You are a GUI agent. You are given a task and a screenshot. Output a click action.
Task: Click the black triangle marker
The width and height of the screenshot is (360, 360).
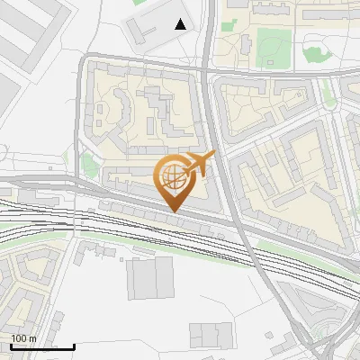(181, 24)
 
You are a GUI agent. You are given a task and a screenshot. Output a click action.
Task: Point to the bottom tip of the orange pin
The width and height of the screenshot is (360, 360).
(173, 211)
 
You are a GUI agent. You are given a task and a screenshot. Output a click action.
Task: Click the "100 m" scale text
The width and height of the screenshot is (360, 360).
(23, 338)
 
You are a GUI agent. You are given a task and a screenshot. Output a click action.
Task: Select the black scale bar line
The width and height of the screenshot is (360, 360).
(42, 346)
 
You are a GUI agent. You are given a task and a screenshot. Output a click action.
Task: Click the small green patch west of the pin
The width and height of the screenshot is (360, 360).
(88, 163)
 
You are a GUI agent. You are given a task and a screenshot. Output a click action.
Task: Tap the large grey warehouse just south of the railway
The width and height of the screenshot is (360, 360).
(149, 278)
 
